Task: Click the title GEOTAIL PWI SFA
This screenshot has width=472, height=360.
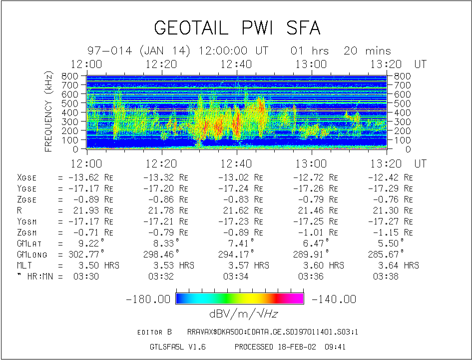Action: (237, 28)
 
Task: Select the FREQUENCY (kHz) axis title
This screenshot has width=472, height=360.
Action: (49, 111)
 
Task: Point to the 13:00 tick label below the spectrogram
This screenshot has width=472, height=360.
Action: (311, 163)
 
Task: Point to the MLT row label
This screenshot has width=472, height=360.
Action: (24, 265)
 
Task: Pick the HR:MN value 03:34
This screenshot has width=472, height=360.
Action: (236, 276)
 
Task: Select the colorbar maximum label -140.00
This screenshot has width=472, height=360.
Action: (334, 299)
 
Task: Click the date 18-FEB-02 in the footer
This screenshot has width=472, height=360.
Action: (296, 346)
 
